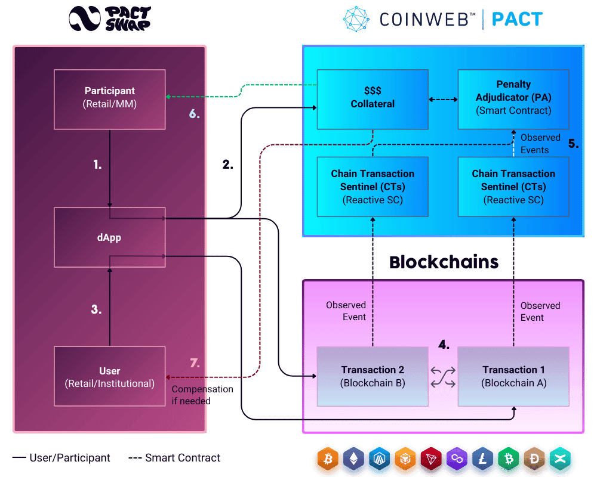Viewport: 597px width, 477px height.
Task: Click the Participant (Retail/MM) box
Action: click(109, 99)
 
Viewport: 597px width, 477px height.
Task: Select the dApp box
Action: click(109, 237)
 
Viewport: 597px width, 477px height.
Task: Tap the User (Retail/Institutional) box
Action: click(109, 377)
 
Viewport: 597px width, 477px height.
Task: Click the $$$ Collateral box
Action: click(373, 99)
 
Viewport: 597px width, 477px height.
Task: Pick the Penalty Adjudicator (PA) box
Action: click(513, 99)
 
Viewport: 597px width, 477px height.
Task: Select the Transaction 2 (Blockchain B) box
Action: click(373, 377)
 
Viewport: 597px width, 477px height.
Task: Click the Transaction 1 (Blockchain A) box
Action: click(513, 377)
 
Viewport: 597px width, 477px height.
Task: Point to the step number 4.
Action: click(444, 345)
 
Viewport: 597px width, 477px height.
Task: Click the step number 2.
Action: click(227, 165)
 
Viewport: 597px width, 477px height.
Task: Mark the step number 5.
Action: click(573, 144)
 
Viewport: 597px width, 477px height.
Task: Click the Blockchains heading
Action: click(444, 262)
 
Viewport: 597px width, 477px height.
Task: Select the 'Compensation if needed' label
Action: click(202, 395)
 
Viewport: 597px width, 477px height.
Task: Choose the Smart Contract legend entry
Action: click(174, 458)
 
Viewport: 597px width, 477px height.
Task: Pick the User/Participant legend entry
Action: click(61, 458)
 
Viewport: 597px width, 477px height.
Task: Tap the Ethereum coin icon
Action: click(355, 460)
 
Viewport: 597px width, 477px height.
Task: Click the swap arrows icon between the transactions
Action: click(443, 377)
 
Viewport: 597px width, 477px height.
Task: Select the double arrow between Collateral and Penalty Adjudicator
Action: click(443, 99)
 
